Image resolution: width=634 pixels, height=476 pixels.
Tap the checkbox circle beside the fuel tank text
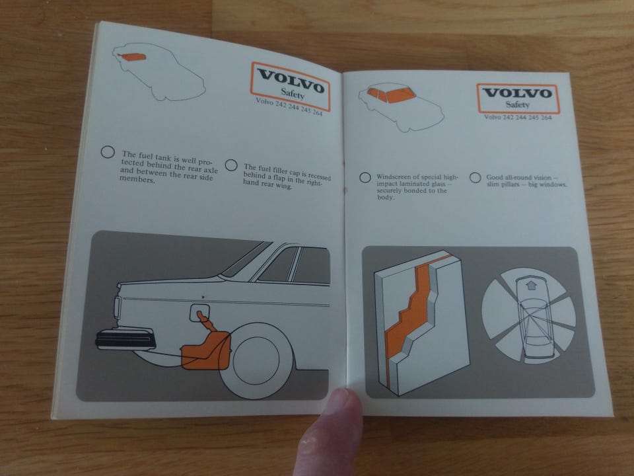pos(108,152)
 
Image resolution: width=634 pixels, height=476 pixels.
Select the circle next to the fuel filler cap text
pos(231,165)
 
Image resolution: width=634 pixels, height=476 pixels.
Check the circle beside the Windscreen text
pos(365,177)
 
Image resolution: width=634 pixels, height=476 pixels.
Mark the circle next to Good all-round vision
pos(475,177)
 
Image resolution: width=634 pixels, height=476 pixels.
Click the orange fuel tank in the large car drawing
pos(206,350)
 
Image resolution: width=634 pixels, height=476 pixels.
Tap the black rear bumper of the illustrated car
pos(125,339)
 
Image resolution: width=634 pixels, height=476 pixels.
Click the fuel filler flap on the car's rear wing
pos(199,313)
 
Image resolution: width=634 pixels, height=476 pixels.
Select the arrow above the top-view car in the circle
pos(531,285)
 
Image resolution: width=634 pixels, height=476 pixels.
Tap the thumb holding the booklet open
pos(332,432)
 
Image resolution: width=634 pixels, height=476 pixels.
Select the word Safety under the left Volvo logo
pos(293,93)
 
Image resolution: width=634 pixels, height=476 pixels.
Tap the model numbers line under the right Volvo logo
pos(518,118)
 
